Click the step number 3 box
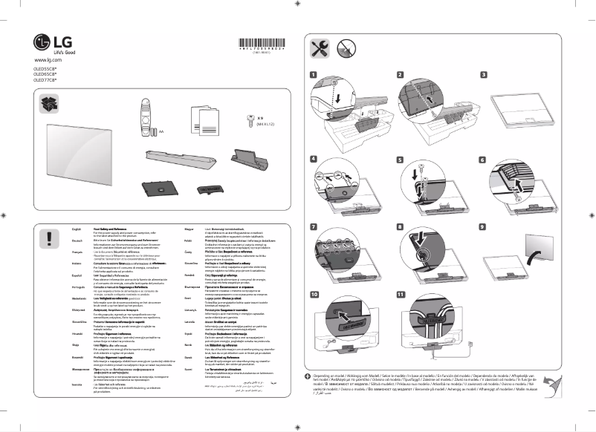[484, 75]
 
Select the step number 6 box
[484, 160]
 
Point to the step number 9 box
[484, 226]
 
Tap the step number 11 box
[401, 295]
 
